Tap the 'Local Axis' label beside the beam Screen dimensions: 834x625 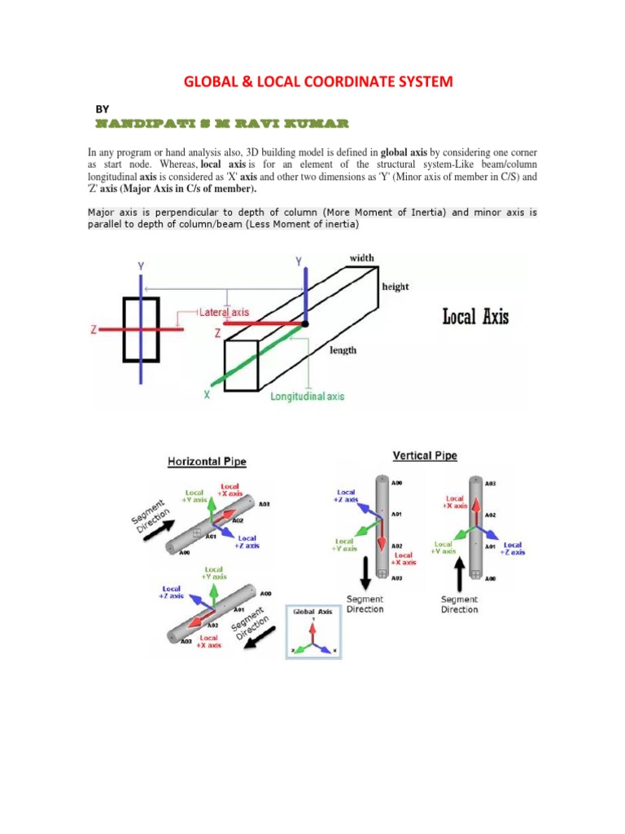point(475,316)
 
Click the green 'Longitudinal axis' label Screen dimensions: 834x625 point(307,396)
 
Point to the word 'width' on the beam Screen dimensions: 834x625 point(362,258)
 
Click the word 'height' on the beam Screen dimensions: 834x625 point(396,287)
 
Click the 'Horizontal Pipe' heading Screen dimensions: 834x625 point(207,462)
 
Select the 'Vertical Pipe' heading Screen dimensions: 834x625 point(424,456)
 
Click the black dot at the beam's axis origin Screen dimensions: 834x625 point(305,324)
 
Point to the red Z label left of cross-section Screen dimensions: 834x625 point(94,330)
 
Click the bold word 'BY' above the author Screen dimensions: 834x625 point(102,108)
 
